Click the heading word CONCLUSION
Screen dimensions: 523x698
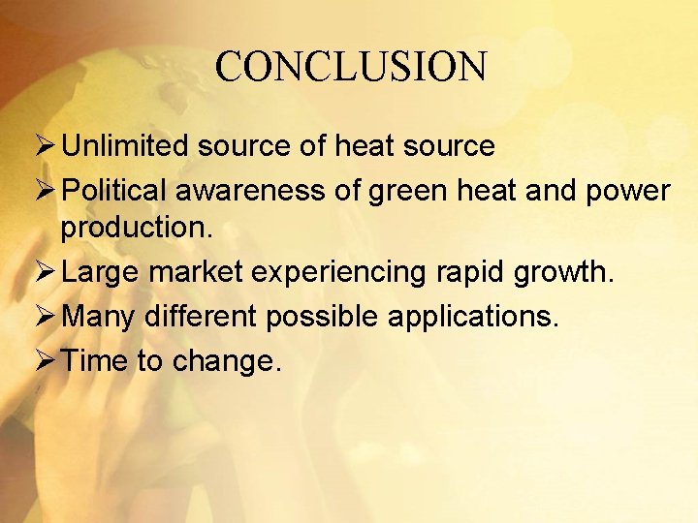(x=350, y=68)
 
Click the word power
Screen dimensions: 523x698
(x=629, y=192)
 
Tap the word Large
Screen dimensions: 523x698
(x=101, y=272)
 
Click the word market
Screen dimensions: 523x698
(x=197, y=272)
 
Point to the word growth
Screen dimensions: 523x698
(x=568, y=272)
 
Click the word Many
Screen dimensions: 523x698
(x=99, y=318)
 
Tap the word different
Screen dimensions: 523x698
(x=202, y=316)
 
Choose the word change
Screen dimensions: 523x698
(x=227, y=362)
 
